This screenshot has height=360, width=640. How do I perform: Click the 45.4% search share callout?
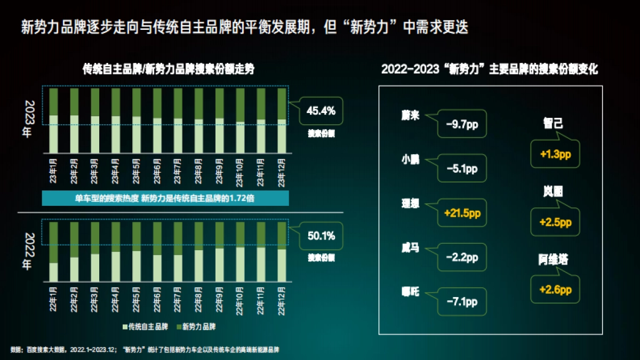point(321,111)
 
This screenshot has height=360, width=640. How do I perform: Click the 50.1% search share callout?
point(321,236)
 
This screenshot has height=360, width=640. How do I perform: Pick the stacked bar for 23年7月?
point(178,121)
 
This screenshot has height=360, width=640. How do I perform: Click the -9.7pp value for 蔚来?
point(462,124)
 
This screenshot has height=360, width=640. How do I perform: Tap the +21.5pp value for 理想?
point(462,213)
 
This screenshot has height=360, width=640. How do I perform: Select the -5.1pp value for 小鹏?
point(462,169)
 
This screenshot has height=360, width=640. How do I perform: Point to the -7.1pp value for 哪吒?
point(462,302)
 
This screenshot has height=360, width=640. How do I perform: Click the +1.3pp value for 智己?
point(555,154)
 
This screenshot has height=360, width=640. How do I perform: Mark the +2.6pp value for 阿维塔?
point(555,290)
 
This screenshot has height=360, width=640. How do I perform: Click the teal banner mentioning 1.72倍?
point(166,198)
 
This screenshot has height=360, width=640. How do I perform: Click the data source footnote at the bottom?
point(145,350)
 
